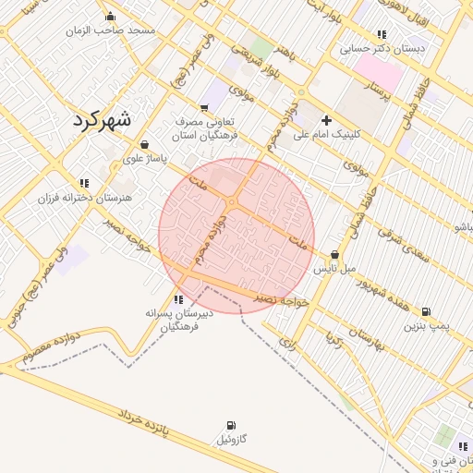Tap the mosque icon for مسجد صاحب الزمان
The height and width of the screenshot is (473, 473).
coord(111,16)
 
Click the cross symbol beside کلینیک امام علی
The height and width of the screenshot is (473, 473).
coord(325,120)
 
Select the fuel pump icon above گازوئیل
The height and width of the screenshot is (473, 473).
coord(230,426)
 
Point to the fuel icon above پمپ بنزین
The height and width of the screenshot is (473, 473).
coord(426,311)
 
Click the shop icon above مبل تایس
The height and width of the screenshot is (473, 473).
coord(334,255)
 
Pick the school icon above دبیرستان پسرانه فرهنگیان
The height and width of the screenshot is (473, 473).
coord(178,299)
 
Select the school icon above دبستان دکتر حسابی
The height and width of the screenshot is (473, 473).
coord(382,34)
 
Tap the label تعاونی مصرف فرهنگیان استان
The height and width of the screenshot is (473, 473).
coord(206,128)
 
